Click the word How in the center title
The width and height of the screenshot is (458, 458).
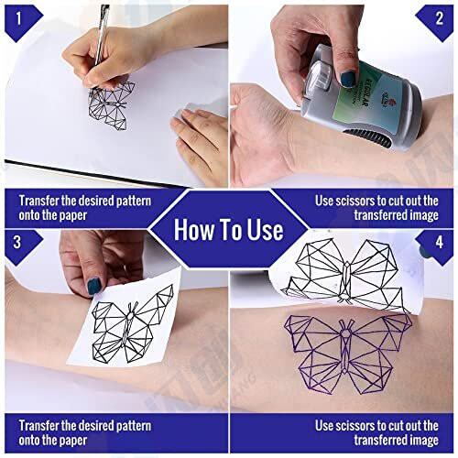(x=195, y=229)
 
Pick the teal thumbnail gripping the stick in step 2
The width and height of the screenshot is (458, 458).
(x=349, y=79)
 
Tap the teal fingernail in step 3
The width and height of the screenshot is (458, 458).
(x=94, y=286)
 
